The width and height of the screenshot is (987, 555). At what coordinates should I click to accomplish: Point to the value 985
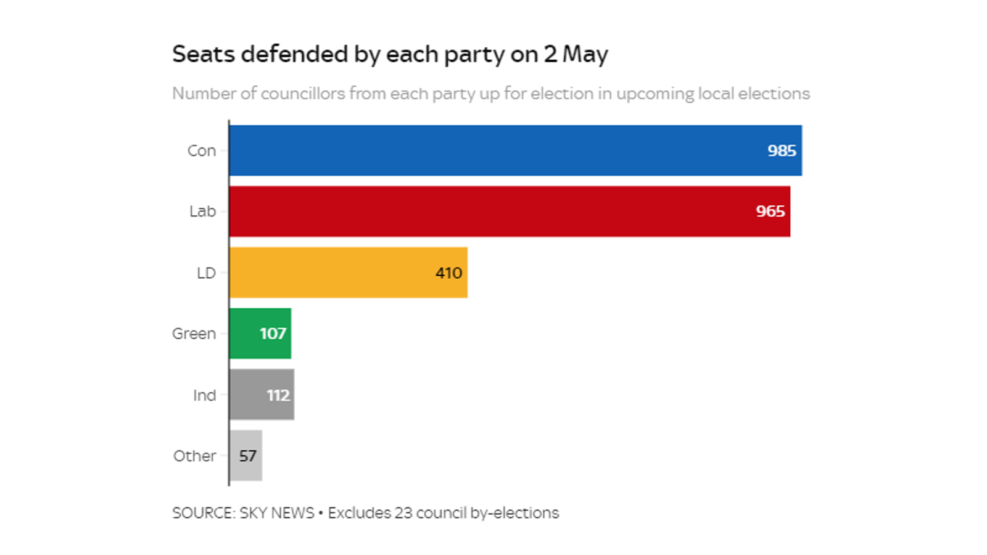click(x=782, y=150)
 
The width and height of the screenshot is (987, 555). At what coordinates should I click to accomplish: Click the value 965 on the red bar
click(x=770, y=212)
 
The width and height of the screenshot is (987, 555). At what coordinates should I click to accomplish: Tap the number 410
click(x=448, y=273)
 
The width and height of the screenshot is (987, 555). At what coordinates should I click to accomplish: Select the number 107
click(x=273, y=334)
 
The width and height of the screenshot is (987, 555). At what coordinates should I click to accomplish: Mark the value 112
click(x=278, y=395)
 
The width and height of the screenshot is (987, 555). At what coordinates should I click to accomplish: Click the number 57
click(x=248, y=456)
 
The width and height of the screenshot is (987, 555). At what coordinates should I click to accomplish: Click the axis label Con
click(x=202, y=150)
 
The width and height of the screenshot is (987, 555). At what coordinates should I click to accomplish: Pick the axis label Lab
click(x=202, y=212)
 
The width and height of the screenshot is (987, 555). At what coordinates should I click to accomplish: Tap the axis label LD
click(x=206, y=273)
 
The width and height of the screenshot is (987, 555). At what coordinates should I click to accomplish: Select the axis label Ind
click(x=204, y=395)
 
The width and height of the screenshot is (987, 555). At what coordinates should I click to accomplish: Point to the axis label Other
click(x=194, y=456)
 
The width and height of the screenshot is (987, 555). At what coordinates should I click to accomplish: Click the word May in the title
click(x=585, y=55)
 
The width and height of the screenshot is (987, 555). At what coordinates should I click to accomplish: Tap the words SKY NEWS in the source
click(x=276, y=513)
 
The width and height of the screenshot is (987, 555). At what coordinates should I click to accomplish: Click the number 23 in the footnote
click(x=403, y=513)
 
